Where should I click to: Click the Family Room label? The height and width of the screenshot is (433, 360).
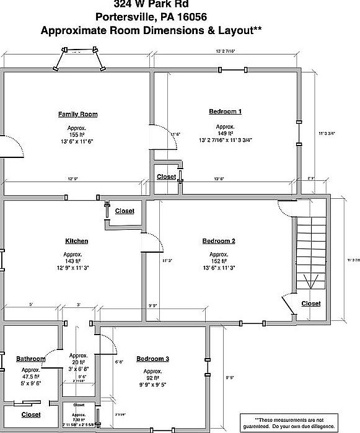point(77,114)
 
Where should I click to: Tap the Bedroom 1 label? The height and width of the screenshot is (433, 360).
point(225,112)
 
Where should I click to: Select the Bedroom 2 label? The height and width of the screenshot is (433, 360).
point(219,241)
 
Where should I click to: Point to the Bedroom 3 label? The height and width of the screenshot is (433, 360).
point(152,359)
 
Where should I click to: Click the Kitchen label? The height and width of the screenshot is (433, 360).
point(77,241)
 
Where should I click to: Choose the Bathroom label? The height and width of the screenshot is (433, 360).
point(31,359)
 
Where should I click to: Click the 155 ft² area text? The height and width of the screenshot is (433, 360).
point(77,134)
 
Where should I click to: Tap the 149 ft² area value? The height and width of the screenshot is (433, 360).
point(225,133)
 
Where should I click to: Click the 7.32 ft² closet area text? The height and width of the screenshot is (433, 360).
point(79,419)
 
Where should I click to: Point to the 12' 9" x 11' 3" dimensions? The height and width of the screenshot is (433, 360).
point(77,268)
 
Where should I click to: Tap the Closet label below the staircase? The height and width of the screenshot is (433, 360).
point(311,304)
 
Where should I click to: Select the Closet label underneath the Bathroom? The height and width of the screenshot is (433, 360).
point(31,414)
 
